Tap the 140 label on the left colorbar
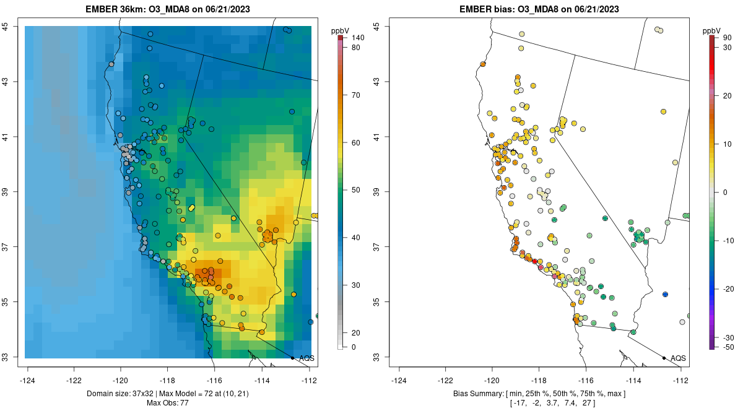[x=358, y=38]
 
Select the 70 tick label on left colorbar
[x=356, y=95]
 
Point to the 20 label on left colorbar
[x=356, y=332]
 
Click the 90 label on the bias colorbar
[x=728, y=38]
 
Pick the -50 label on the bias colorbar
[x=729, y=347]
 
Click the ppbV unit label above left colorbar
[x=341, y=30]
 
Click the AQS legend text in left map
[x=306, y=358]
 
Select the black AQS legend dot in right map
[x=664, y=358]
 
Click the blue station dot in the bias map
[x=665, y=294]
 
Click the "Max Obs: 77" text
[x=168, y=403]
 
